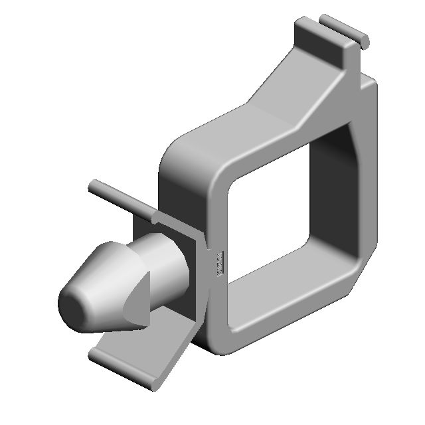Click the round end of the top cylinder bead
click(365, 41)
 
